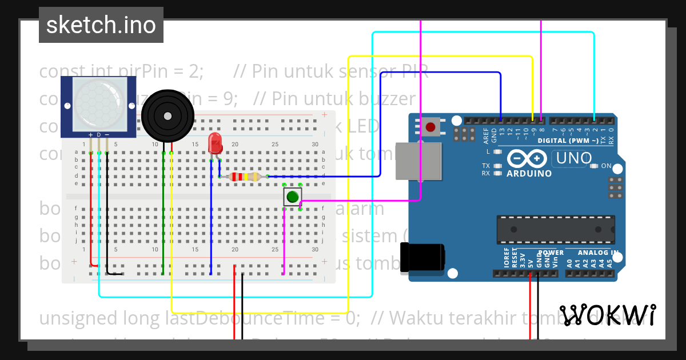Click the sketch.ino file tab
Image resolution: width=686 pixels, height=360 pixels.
[101, 25]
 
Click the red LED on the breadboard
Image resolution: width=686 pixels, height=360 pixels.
[215, 143]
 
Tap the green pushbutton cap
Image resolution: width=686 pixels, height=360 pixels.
[292, 197]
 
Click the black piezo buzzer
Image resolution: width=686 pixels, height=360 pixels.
[167, 117]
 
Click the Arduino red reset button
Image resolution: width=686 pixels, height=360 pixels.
[430, 127]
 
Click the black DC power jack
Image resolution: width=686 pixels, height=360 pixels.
[422, 257]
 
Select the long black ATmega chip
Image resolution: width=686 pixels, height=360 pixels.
[556, 230]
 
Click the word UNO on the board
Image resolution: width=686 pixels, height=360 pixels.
[573, 158]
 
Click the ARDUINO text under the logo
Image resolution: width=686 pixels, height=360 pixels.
[529, 173]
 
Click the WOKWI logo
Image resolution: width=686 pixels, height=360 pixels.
[607, 315]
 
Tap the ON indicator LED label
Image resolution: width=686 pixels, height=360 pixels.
[607, 166]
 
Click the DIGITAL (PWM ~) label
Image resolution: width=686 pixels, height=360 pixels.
[568, 141]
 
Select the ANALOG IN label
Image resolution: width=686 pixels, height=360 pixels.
[597, 253]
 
